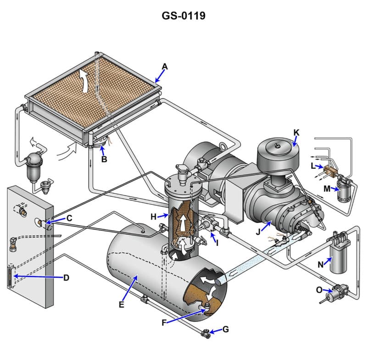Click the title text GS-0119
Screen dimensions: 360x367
(x=183, y=16)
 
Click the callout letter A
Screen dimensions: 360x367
(x=165, y=66)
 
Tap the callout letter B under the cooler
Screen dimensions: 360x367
(x=104, y=160)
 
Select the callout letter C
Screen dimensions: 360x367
(x=69, y=218)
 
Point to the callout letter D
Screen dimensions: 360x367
(x=66, y=277)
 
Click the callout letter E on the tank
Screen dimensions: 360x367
(x=122, y=304)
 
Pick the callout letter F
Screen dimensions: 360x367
(x=164, y=322)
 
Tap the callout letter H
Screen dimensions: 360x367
(x=153, y=216)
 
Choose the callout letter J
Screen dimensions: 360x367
(x=258, y=232)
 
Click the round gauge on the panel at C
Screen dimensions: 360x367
(x=40, y=223)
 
